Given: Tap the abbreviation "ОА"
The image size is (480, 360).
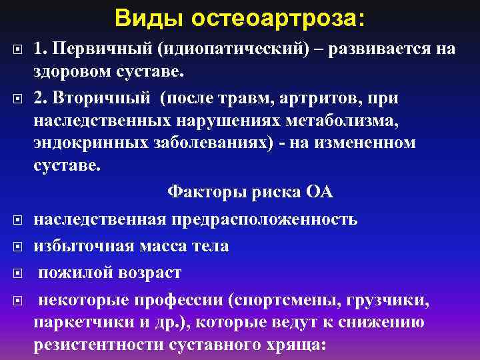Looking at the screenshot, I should [319, 193].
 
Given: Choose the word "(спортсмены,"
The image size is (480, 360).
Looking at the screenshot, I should [284, 301].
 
